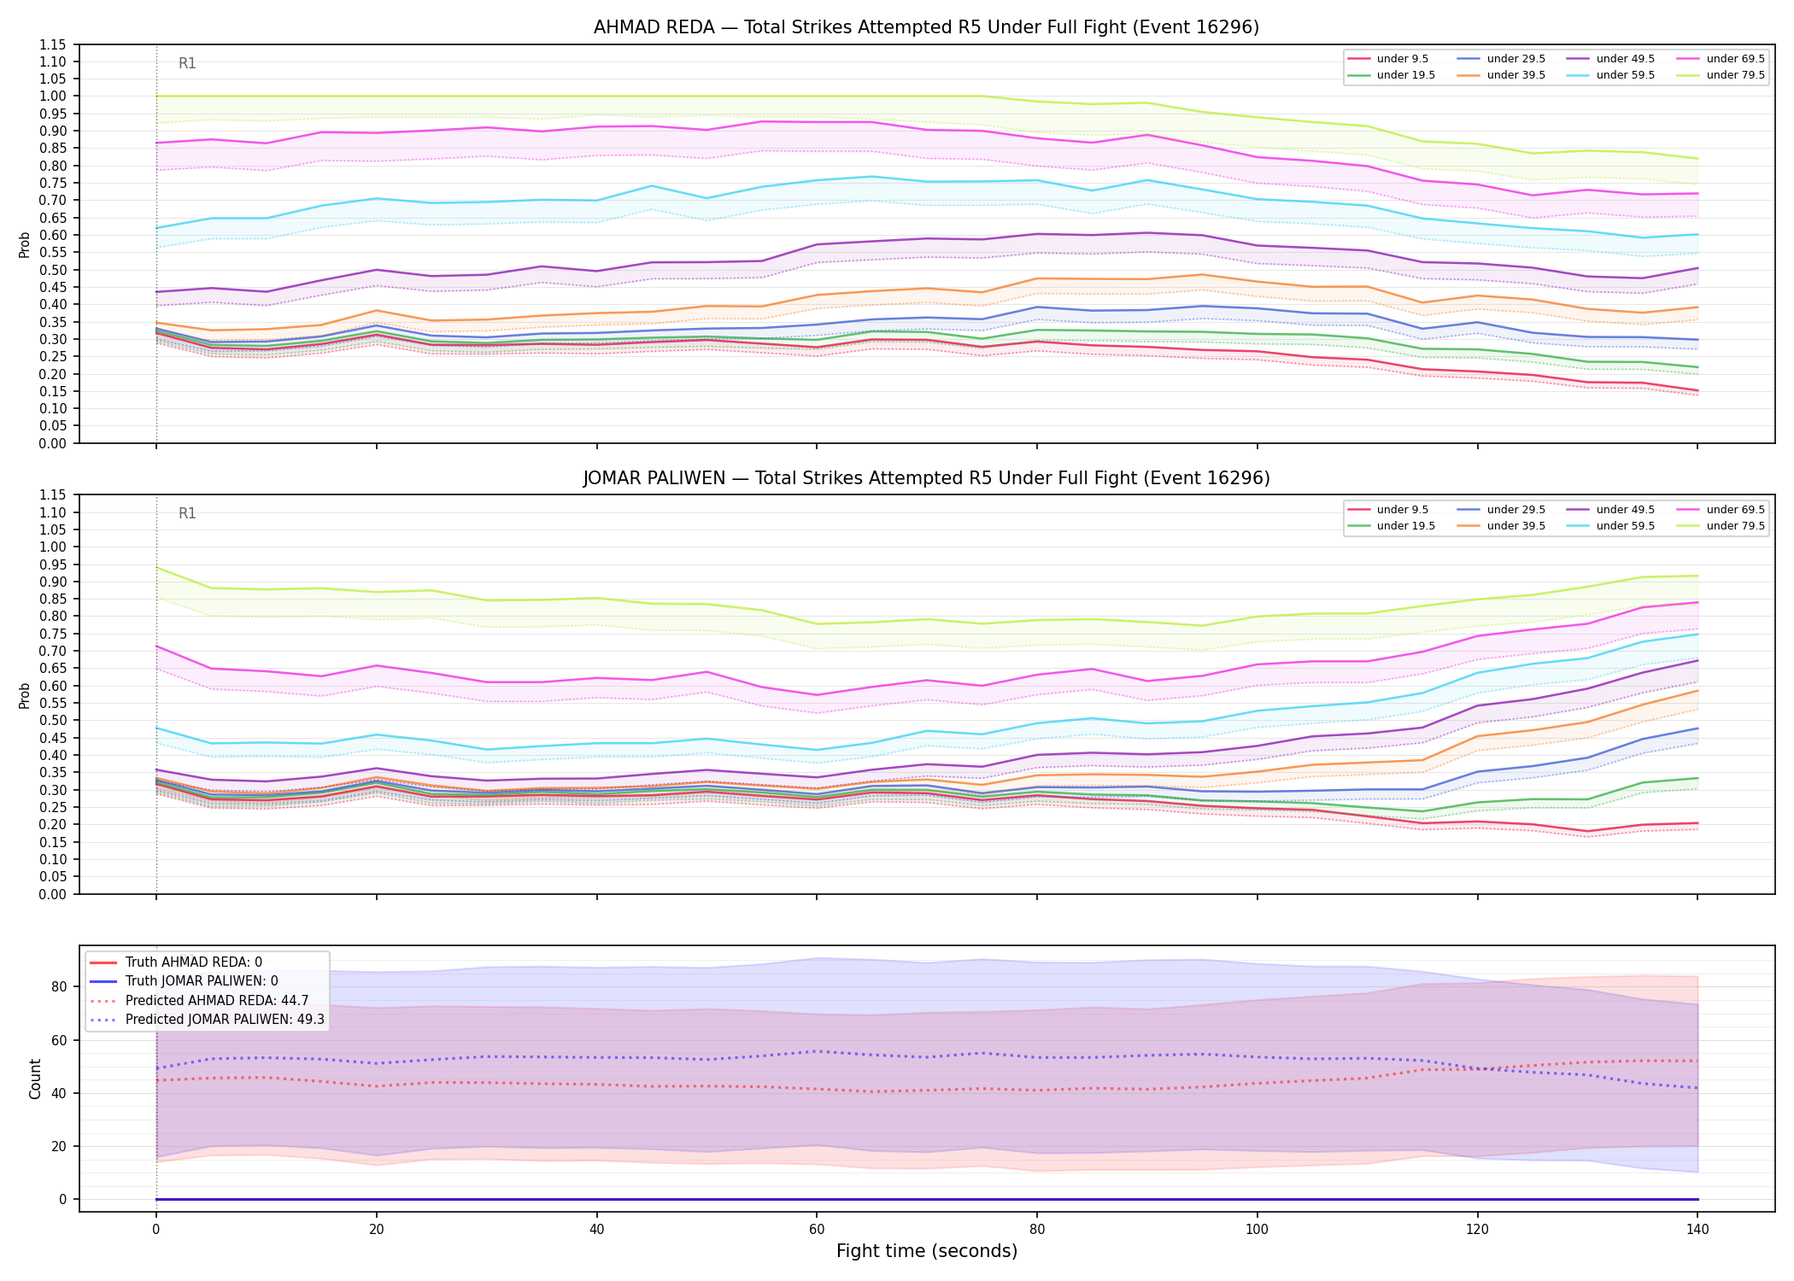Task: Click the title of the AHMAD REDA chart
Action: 926,27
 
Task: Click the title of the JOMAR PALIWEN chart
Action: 926,478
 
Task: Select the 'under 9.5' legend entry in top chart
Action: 1388,59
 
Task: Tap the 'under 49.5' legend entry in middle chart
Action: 1609,510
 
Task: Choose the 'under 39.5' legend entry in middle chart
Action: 1499,526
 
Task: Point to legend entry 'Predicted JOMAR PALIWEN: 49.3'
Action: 206,1019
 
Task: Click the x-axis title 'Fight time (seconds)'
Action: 927,1251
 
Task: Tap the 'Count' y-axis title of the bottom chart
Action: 35,1079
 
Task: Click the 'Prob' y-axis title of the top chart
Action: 25,244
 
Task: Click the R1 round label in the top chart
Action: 187,63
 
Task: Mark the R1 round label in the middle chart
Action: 187,513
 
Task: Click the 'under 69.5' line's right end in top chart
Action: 1697,193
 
